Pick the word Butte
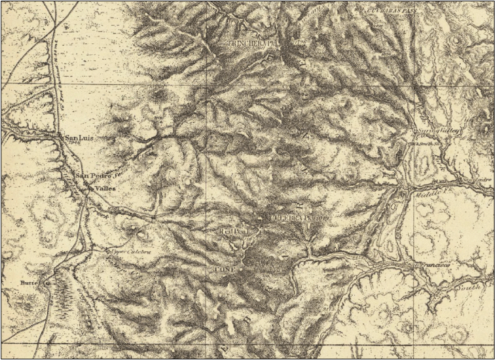29,283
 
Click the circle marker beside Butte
47,283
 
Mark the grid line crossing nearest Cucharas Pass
414,85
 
